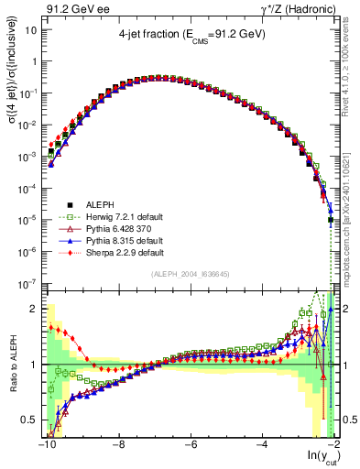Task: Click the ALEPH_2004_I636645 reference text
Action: [190, 273]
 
